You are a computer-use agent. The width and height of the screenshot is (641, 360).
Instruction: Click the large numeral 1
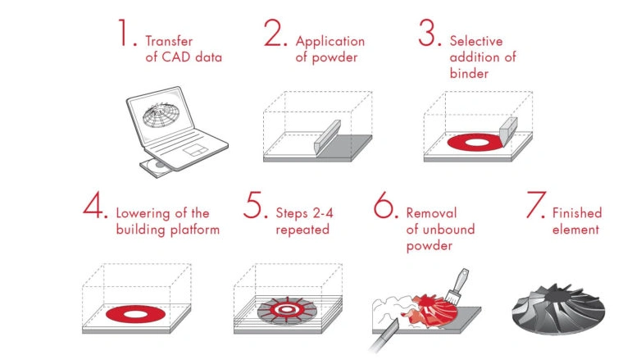(124, 32)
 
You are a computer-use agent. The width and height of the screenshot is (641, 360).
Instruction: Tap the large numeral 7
(535, 204)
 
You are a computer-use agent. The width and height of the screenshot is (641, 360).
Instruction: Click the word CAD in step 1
(176, 57)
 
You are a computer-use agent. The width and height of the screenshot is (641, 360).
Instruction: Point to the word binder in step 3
(469, 73)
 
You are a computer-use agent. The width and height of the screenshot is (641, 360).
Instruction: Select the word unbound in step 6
(448, 229)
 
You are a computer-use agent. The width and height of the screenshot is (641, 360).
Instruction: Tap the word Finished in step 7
(577, 212)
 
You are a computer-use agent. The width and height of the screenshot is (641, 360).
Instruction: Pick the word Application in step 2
(330, 42)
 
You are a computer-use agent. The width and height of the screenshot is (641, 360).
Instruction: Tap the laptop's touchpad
(195, 150)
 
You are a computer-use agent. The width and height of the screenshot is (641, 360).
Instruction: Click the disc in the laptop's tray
(159, 166)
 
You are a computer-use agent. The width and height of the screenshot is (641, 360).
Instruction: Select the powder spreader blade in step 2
(327, 136)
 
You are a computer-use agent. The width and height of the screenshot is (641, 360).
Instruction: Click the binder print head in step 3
(508, 130)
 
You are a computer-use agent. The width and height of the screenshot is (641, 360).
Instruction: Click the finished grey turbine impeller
(558, 309)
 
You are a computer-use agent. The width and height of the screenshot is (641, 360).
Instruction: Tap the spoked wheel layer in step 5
(287, 311)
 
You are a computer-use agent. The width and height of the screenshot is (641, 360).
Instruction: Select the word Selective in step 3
(476, 41)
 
